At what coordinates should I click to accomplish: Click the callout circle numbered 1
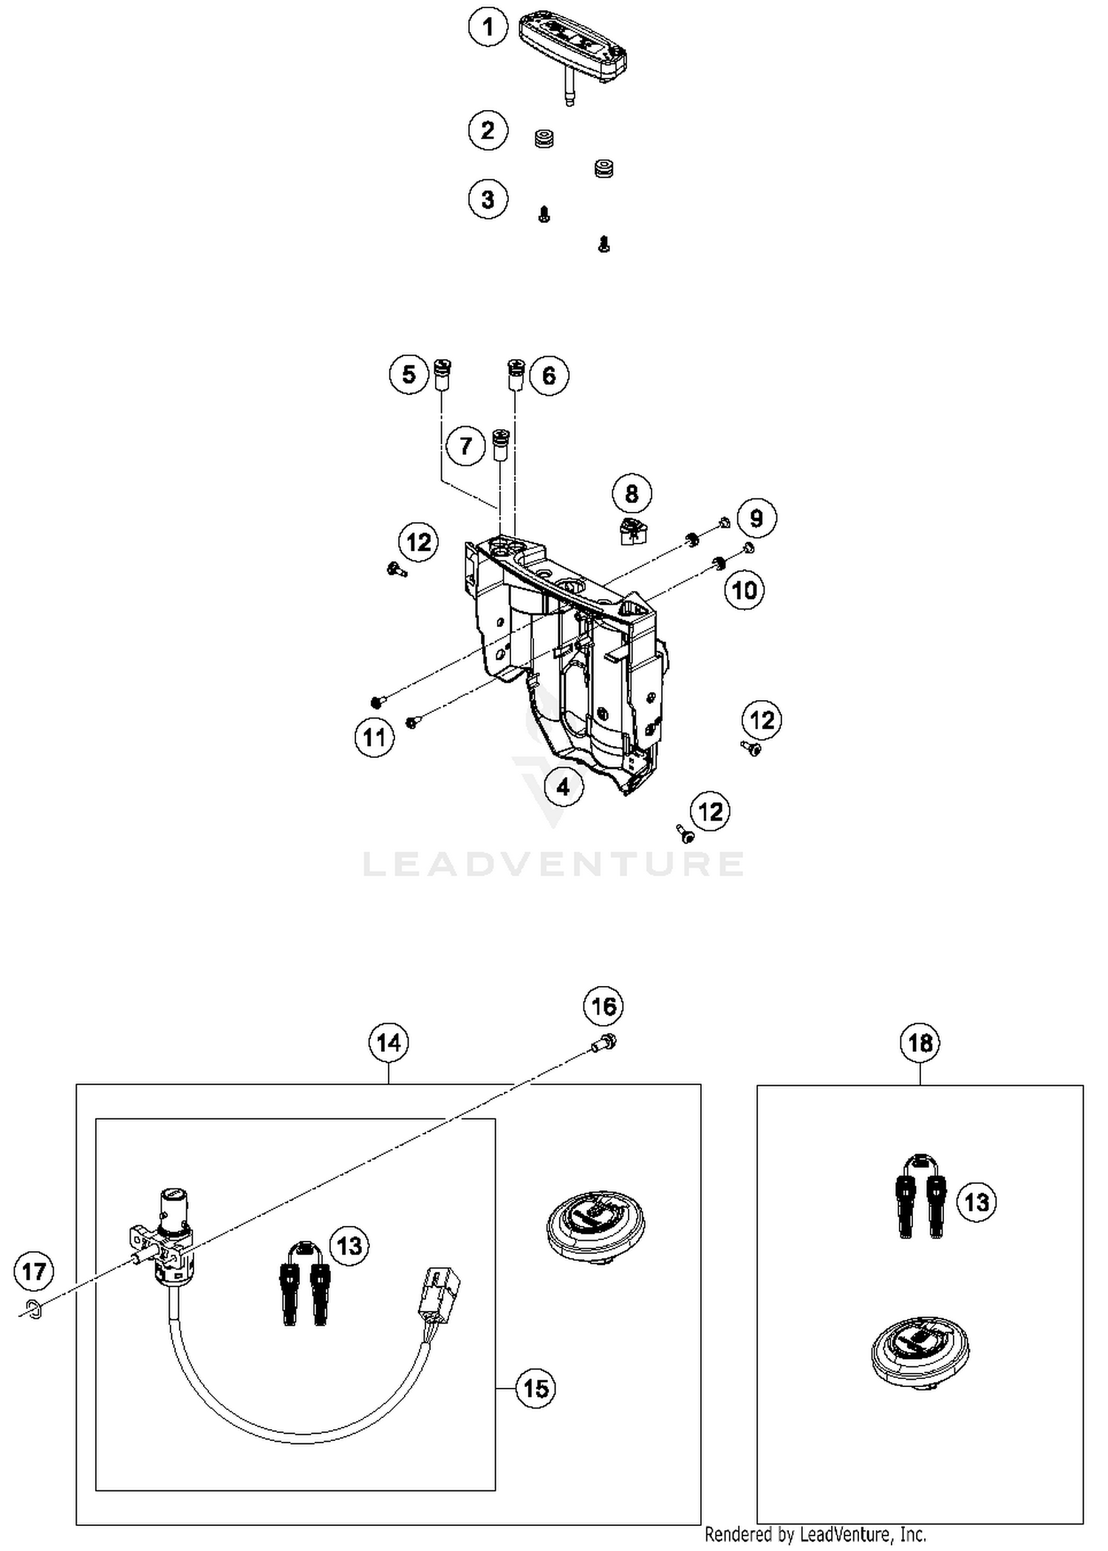click(x=488, y=27)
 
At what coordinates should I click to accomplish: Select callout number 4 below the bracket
click(x=563, y=787)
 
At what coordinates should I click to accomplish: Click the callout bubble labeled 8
click(x=632, y=493)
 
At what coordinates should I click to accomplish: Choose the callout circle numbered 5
click(x=408, y=374)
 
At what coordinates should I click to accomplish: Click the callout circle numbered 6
click(x=549, y=375)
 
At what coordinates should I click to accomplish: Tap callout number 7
click(x=465, y=445)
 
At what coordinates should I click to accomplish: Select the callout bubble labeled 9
click(x=756, y=518)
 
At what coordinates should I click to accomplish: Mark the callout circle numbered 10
click(x=744, y=590)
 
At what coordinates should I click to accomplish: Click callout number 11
click(x=375, y=736)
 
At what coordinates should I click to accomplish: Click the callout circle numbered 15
click(x=536, y=1389)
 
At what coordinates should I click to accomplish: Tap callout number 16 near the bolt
click(x=603, y=1005)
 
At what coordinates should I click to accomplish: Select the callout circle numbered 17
click(x=34, y=1271)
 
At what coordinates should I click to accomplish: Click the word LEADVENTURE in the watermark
click(x=553, y=863)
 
